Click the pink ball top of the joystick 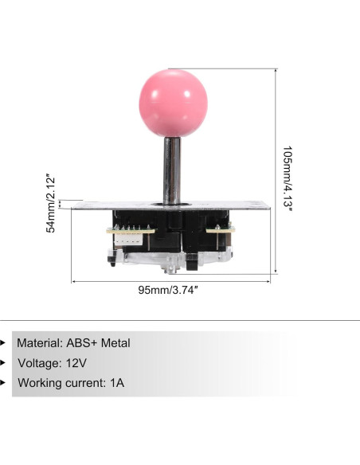[172, 104]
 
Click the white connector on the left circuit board [126, 232]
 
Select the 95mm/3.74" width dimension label [169, 290]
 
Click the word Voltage [37, 363]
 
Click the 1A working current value [117, 383]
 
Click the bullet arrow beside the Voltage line [3, 363]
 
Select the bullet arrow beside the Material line [3, 343]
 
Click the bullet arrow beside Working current [3, 383]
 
